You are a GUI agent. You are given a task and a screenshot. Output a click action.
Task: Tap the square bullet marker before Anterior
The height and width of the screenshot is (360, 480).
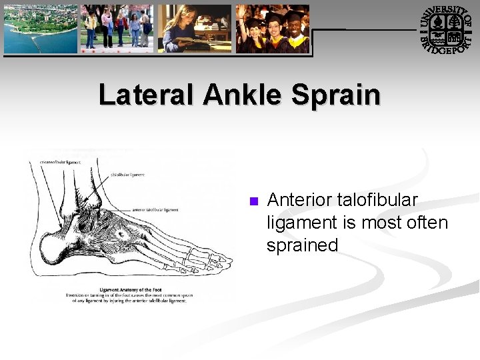coord(253,201)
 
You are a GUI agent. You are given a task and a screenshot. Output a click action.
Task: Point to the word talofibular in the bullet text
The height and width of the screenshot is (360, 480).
coord(377,200)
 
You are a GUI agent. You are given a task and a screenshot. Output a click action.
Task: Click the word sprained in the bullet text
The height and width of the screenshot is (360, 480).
coord(302,245)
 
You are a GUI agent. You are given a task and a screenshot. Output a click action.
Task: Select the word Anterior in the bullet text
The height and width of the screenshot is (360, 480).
coord(299,200)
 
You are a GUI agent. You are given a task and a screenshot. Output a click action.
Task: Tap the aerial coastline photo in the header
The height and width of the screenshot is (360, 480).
coord(41,28)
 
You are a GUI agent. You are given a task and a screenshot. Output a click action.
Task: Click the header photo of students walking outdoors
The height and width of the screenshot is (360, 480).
coord(117,28)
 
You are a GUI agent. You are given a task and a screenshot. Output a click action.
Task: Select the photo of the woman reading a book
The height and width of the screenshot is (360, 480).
coord(194,28)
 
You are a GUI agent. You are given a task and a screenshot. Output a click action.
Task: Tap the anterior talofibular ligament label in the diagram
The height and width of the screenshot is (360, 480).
coord(155,209)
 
